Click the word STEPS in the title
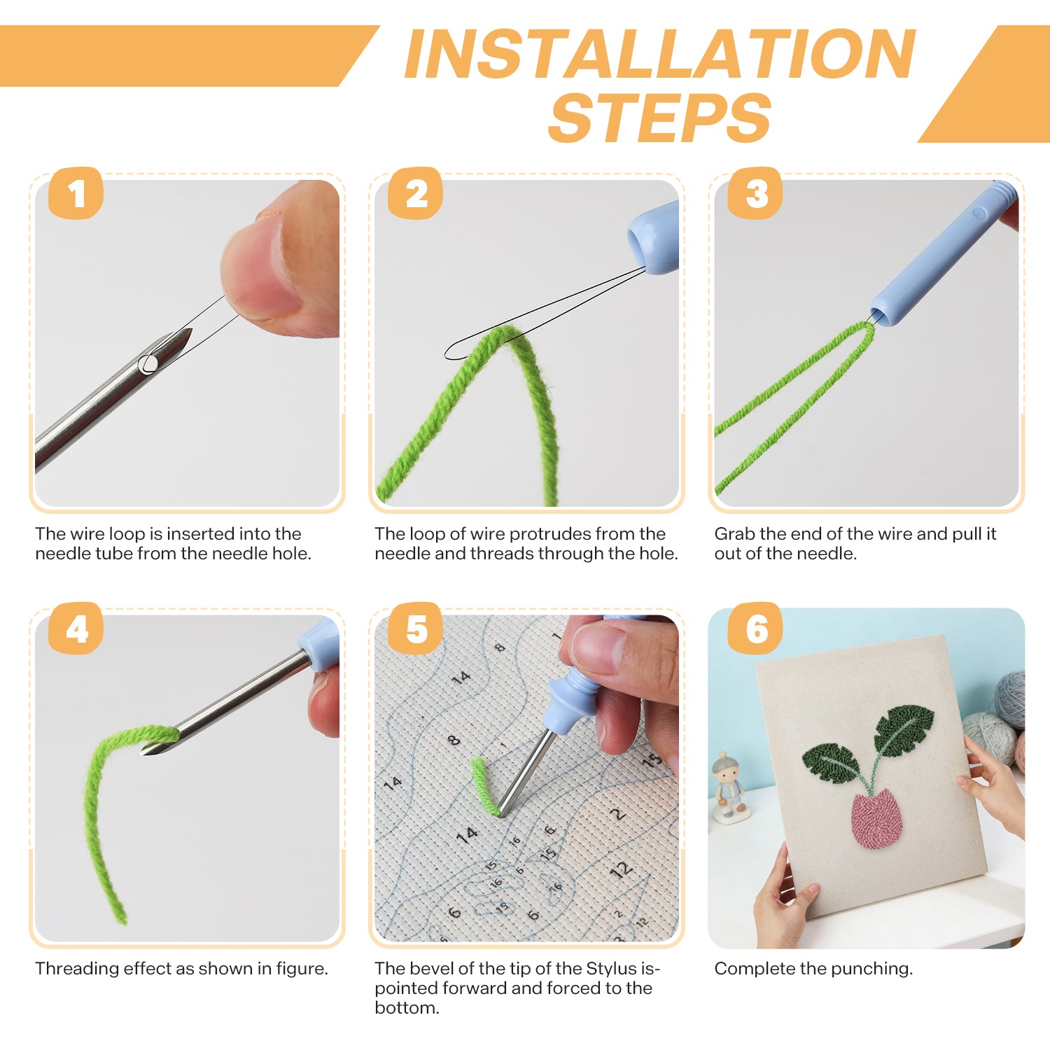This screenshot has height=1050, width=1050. click(660, 118)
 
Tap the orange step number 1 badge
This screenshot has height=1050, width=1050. click(76, 193)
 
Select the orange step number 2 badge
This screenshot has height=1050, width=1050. click(415, 193)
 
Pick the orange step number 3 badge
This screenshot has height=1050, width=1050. click(755, 193)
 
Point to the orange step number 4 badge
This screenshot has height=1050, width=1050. click(76, 629)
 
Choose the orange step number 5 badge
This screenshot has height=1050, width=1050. click(415, 629)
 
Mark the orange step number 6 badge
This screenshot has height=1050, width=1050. click(755, 629)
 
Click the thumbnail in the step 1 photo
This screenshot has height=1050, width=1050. click(259, 266)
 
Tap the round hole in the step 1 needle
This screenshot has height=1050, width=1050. click(148, 364)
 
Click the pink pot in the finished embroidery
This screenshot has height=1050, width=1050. click(877, 819)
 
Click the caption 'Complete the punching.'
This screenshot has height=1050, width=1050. click(813, 969)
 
